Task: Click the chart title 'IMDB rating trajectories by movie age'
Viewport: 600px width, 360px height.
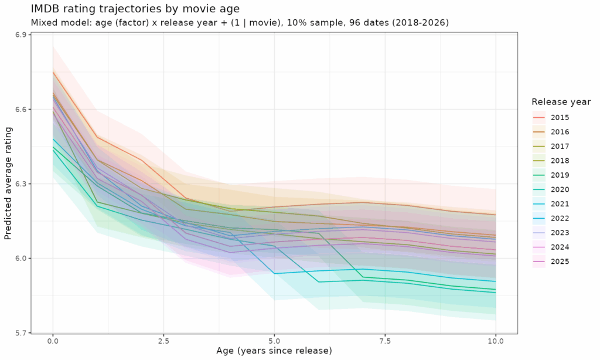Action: pyautogui.click(x=135, y=8)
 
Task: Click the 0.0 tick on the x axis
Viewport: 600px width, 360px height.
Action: pyautogui.click(x=53, y=341)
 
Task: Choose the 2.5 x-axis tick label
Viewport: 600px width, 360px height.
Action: pyautogui.click(x=163, y=341)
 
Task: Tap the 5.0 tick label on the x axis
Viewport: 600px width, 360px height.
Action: pyautogui.click(x=274, y=341)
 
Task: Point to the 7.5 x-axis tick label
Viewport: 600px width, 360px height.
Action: pyautogui.click(x=385, y=341)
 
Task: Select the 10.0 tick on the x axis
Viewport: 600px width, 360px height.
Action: pyautogui.click(x=496, y=341)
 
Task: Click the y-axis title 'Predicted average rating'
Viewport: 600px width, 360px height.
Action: pyautogui.click(x=8, y=184)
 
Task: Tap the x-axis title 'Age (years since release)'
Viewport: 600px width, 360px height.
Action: pyautogui.click(x=274, y=351)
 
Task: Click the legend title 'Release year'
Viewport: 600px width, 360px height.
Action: pyautogui.click(x=561, y=102)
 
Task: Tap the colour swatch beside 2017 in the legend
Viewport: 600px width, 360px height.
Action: pyautogui.click(x=539, y=147)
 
